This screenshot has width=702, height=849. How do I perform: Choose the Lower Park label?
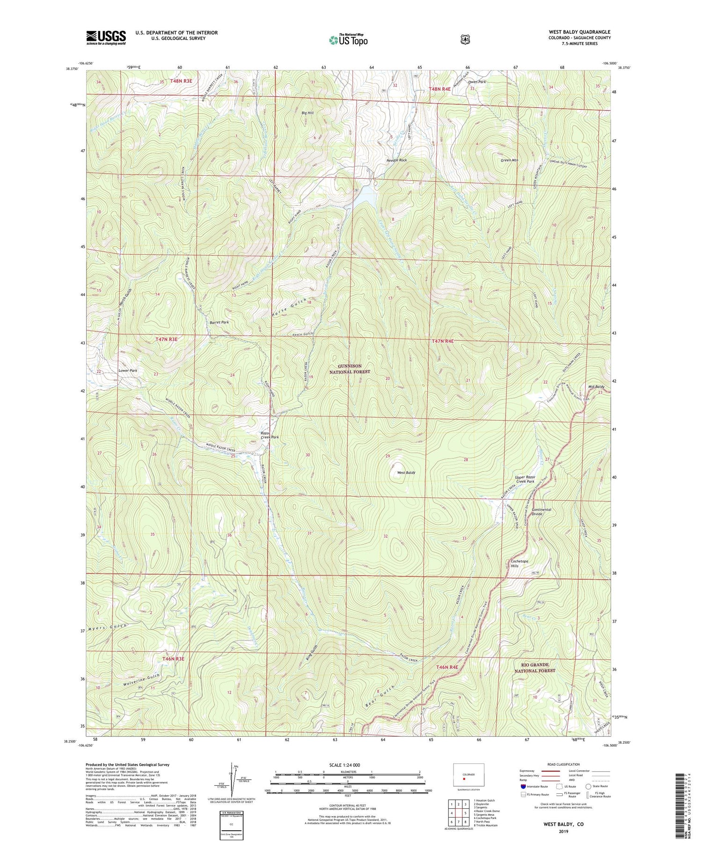pyautogui.click(x=128, y=370)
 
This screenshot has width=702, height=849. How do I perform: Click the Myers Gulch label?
pyautogui.click(x=107, y=627)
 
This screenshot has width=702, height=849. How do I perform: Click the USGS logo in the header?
pyautogui.click(x=106, y=37)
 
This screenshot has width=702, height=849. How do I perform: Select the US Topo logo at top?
pyautogui.click(x=349, y=40)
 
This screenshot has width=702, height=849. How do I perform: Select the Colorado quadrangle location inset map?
pyautogui.click(x=468, y=775)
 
